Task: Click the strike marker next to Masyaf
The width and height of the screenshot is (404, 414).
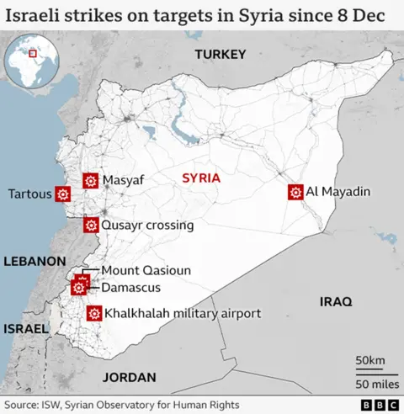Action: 90,180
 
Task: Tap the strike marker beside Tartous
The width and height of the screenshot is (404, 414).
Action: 62,194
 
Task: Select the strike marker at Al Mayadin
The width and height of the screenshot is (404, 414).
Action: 295,193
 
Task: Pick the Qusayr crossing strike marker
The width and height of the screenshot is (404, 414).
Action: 90,225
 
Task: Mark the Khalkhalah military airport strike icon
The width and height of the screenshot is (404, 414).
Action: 93,314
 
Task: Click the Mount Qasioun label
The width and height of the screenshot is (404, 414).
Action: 146,270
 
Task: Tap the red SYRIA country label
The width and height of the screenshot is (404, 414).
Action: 201,178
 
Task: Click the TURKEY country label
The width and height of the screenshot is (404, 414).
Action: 220,55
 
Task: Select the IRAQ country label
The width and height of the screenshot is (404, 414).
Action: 336,300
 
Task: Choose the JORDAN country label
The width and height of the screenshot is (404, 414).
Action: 130,378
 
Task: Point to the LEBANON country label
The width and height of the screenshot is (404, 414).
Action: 29,262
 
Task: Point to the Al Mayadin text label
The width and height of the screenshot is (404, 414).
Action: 338,193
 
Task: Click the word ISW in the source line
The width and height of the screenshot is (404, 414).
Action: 56,405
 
